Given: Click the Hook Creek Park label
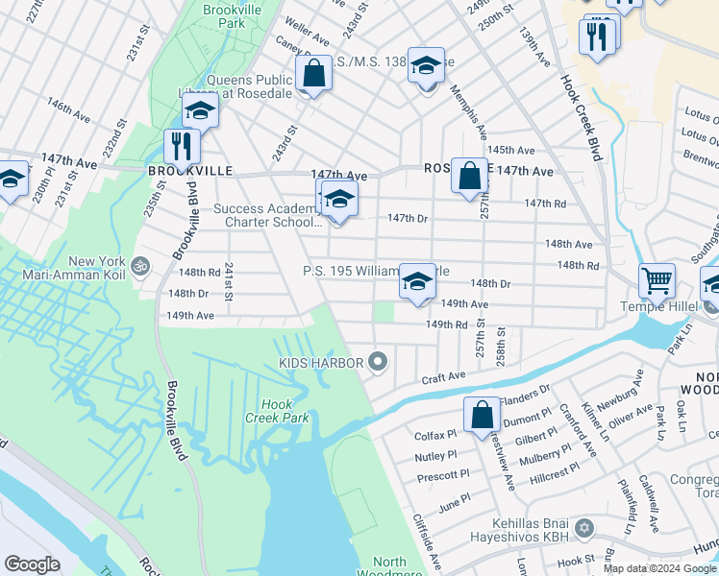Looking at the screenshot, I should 284,411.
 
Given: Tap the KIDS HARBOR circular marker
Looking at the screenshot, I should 378,362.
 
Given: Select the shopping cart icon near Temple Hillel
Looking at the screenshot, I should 657,281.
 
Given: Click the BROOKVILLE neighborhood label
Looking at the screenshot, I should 190,170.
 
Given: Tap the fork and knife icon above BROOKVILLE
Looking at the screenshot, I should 182,146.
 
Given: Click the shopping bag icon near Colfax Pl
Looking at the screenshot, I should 482,415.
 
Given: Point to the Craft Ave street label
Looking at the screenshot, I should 443,378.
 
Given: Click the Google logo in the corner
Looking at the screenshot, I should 32,564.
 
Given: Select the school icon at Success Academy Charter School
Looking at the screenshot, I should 338,200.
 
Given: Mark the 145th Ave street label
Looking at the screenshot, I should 511,151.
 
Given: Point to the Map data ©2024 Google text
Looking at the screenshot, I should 658,567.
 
